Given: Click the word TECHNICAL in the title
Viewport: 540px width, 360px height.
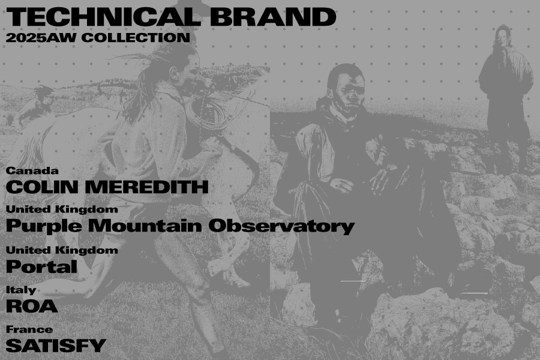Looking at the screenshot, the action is (103, 17).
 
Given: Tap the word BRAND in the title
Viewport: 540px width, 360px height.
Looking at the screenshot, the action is (273, 17).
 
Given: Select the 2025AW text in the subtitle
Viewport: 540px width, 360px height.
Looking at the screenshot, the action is (41, 38).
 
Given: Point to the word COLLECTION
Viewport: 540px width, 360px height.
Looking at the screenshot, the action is (136, 38).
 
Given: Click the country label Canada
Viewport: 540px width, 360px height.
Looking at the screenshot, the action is (32, 171).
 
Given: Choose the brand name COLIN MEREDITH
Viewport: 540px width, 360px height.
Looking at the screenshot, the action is (107, 187).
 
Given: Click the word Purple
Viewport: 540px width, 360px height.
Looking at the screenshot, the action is (44, 227).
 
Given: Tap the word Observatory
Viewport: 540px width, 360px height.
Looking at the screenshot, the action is (281, 227).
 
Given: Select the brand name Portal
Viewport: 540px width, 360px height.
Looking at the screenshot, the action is (41, 266).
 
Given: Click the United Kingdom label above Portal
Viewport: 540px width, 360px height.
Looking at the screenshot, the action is (62, 250).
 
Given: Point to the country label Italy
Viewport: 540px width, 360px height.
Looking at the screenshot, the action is (21, 290).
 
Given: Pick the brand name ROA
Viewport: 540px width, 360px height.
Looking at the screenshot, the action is (32, 306).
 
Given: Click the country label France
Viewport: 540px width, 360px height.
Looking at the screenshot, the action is (29, 329).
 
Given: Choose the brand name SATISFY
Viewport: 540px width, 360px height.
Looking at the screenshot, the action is (56, 346).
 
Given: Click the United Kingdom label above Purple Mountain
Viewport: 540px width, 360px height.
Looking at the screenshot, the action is (62, 209).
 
